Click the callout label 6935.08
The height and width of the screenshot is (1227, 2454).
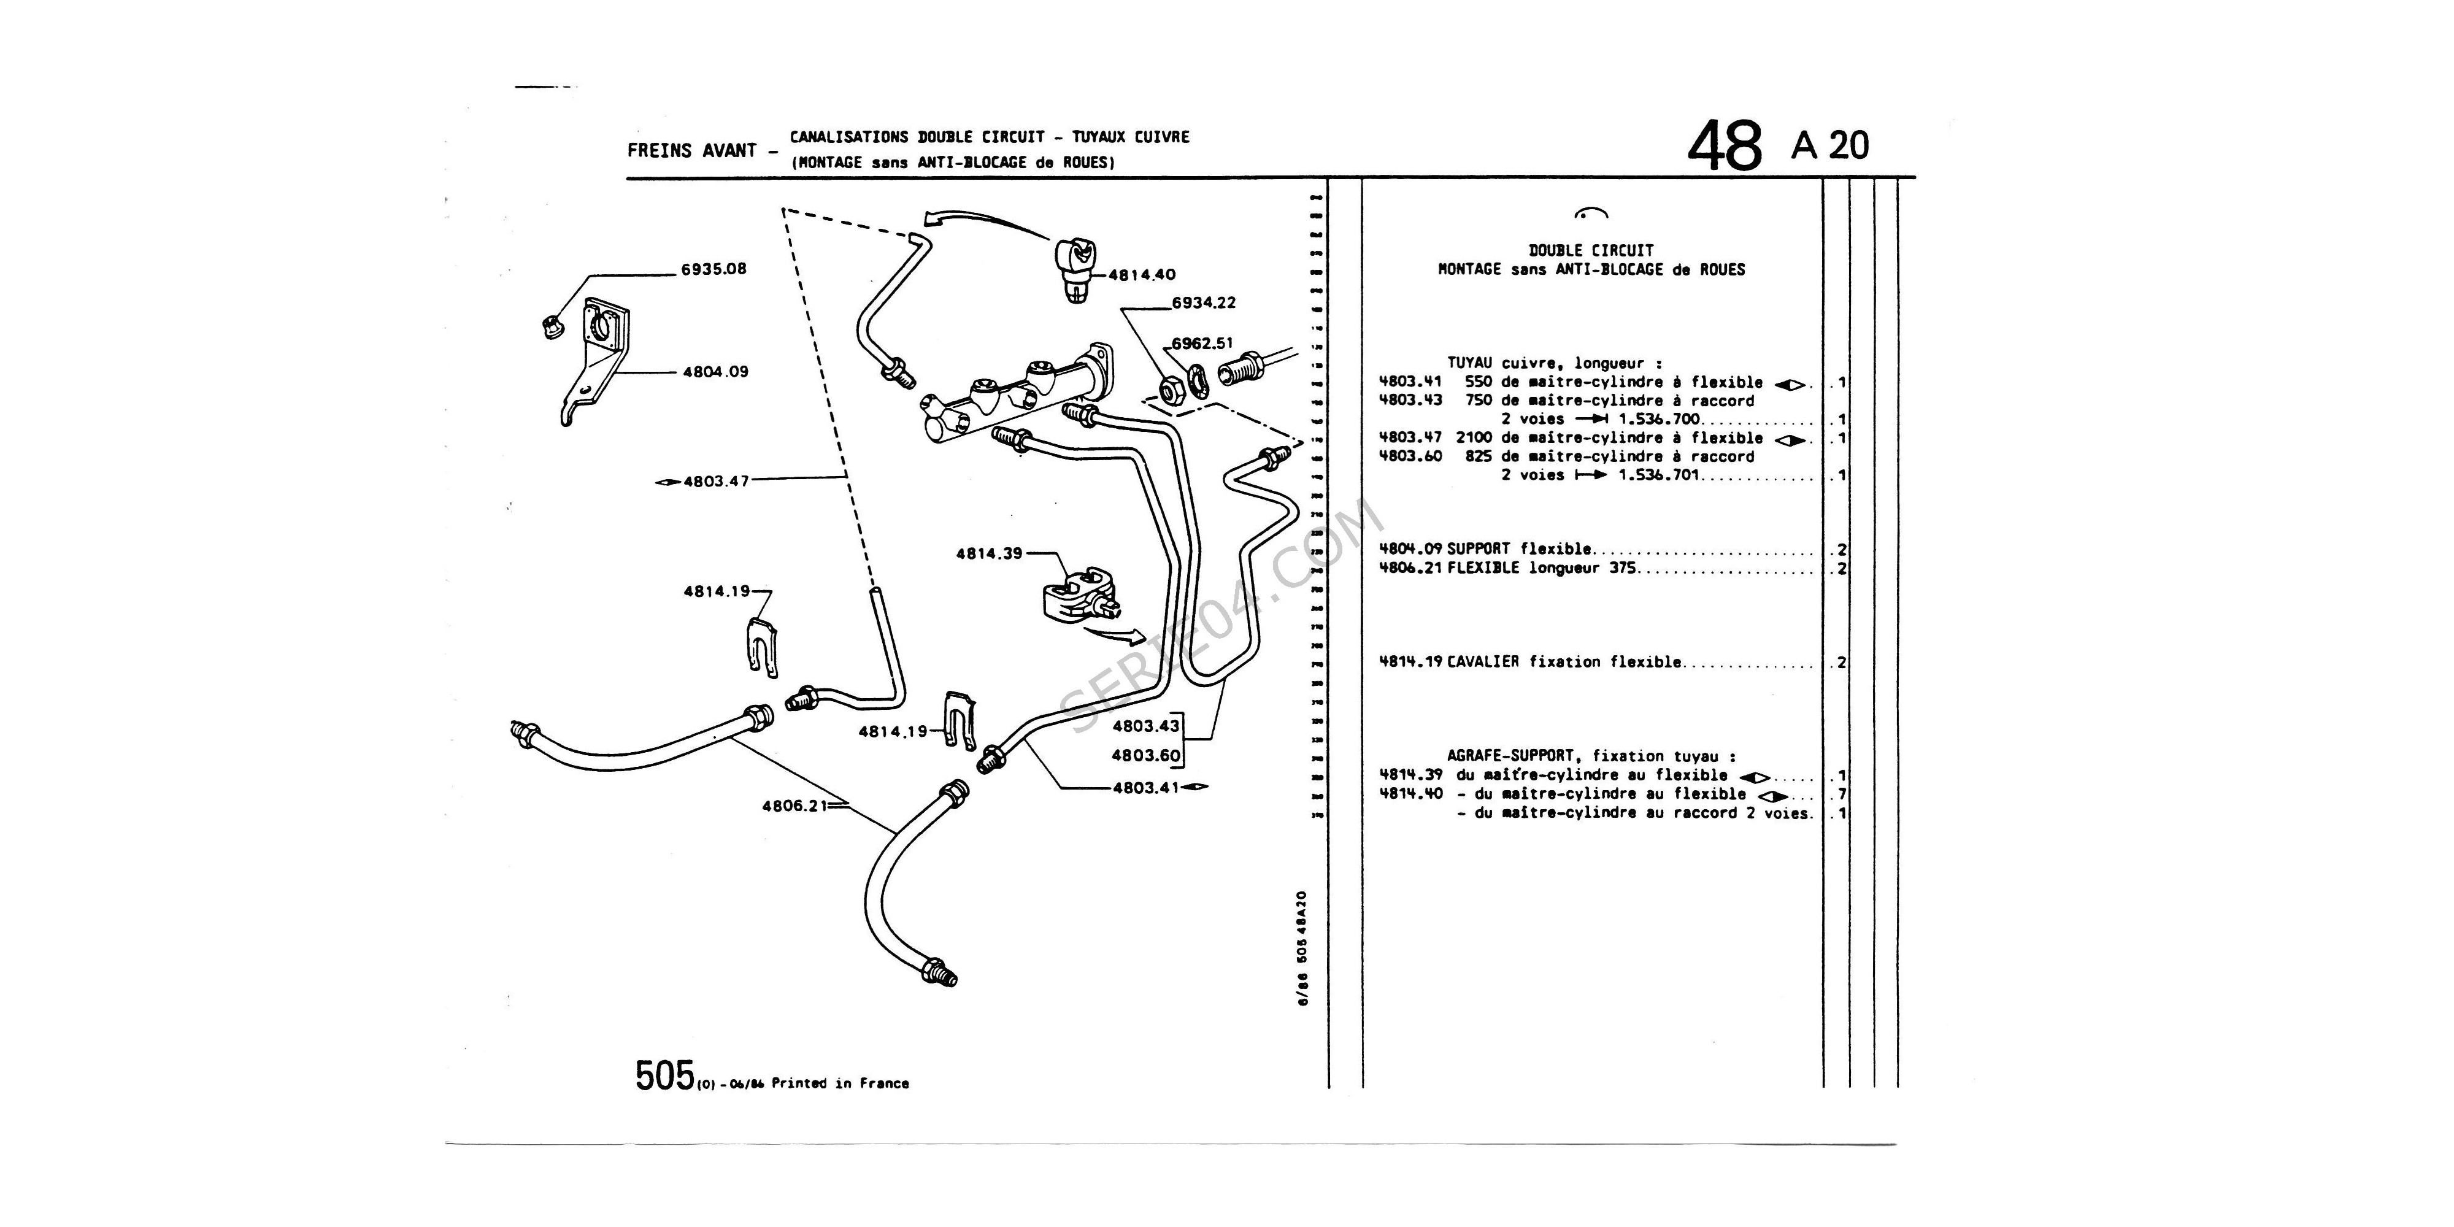pyautogui.click(x=714, y=269)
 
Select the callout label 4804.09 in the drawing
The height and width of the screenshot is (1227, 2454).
pyautogui.click(x=715, y=372)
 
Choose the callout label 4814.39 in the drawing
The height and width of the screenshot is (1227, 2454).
pyautogui.click(x=989, y=553)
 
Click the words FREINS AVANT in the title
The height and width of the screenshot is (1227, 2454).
pyautogui.click(x=691, y=150)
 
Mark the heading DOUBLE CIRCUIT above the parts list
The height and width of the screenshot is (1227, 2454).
pyautogui.click(x=1591, y=250)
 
